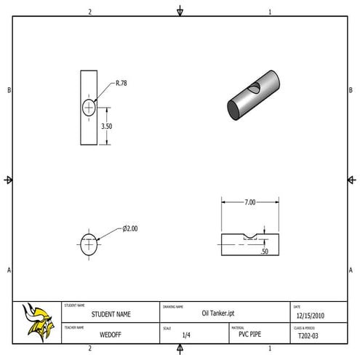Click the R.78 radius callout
[121, 84]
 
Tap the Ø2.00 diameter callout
[130, 228]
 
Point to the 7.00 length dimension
[249, 202]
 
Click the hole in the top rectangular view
[89, 108]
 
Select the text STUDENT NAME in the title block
[111, 315]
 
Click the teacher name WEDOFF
[111, 335]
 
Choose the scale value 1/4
[186, 335]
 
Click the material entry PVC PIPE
[249, 335]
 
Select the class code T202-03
[309, 336]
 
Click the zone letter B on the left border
[9, 90]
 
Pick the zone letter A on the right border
[351, 270]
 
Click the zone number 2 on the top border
[90, 12]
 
